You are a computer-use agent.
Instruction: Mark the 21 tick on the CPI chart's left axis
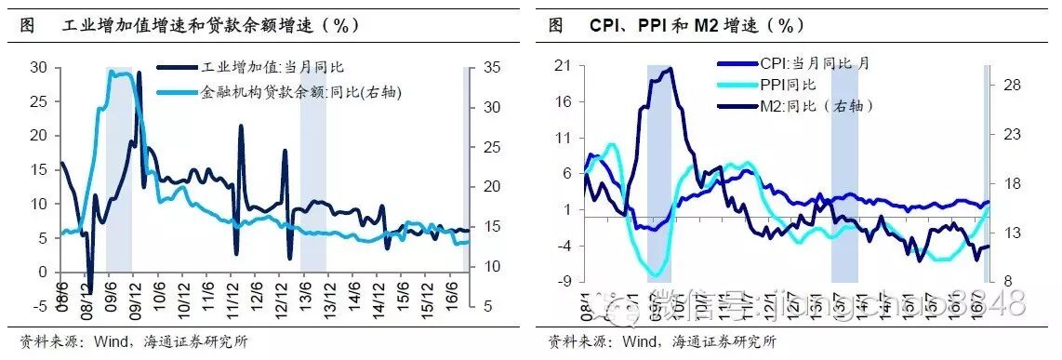[x=563, y=64]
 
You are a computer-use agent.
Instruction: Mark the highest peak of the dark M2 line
[x=668, y=69]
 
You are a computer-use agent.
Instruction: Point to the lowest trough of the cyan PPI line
[x=658, y=276]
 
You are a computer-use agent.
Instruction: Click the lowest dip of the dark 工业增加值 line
[x=90, y=290]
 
